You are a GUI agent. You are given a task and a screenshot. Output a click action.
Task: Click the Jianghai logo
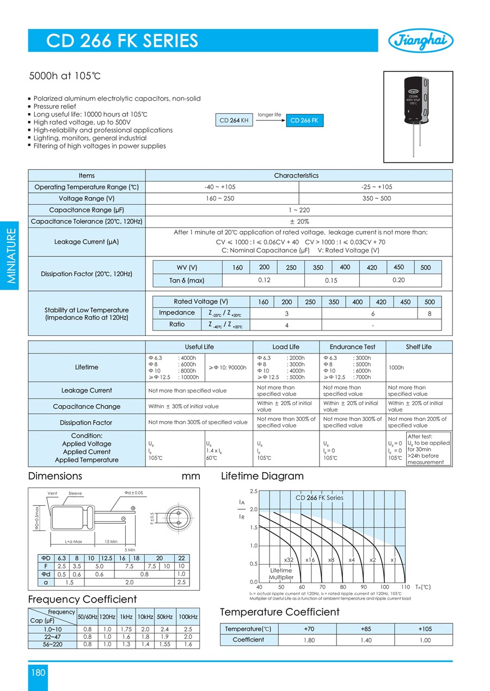tap(421, 40)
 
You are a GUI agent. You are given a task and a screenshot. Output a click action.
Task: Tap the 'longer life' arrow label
tap(269, 115)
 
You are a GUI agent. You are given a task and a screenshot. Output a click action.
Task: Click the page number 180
tap(38, 672)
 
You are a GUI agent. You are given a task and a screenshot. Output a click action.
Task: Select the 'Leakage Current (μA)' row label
tap(87, 241)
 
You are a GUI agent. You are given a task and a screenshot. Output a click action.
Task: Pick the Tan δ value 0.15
tap(331, 280)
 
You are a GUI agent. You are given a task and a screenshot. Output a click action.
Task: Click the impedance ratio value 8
tap(429, 314)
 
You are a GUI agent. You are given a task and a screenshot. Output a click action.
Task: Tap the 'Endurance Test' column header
tap(353, 347)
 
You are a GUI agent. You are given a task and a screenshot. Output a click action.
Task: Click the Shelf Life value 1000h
tap(396, 368)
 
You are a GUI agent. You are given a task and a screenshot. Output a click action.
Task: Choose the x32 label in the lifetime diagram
tap(289, 560)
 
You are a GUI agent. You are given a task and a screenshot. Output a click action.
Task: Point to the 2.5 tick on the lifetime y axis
tap(253, 491)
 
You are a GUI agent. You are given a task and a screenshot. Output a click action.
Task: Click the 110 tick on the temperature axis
tap(405, 587)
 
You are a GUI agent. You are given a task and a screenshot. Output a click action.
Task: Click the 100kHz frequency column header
tap(188, 616)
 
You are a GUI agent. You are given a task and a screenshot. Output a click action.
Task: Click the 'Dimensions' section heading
tap(55, 476)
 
